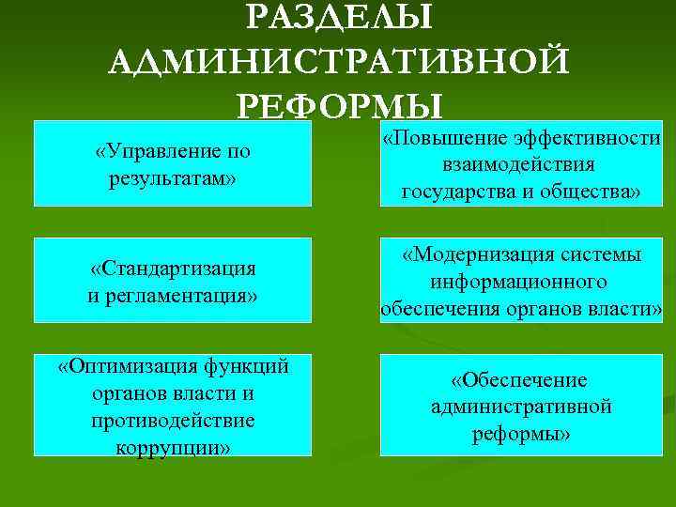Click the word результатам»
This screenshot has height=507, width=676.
172,177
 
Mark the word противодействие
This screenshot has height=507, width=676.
174,420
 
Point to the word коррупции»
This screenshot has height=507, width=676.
173,447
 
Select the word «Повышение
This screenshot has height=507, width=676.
446,139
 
